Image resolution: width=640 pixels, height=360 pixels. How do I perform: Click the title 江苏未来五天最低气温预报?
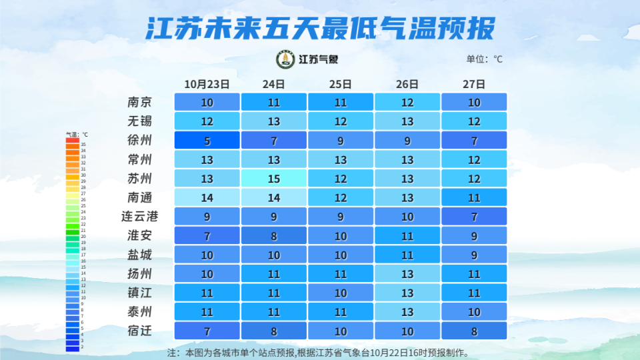[x=320, y=29]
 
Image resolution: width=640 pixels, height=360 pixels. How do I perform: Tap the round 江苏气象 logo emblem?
[x=286, y=59]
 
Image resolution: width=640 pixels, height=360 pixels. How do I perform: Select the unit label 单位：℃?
[x=484, y=59]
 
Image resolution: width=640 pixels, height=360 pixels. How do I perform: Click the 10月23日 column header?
[x=207, y=84]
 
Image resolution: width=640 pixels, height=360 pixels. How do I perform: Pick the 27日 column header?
[x=474, y=84]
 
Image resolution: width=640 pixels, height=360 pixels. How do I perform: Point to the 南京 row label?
[x=140, y=103]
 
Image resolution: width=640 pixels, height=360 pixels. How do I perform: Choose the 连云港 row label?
[x=140, y=217]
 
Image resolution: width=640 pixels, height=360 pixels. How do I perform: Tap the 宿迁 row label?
[x=140, y=331]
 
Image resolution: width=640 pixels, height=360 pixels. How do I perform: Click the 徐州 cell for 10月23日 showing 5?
[x=207, y=141]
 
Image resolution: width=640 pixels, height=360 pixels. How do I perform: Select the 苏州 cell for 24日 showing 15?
[x=273, y=179]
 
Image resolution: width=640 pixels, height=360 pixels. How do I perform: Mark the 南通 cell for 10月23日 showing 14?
[x=207, y=197]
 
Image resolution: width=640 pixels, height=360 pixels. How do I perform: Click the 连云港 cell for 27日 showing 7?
[x=474, y=217]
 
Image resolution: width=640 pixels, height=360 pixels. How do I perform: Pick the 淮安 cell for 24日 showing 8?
[x=273, y=235]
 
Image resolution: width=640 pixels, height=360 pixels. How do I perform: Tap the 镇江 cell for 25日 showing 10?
[x=340, y=293]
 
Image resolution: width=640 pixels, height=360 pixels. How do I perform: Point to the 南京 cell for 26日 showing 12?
[x=407, y=103]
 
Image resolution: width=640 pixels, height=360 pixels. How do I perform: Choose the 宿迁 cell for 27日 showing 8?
[x=474, y=331]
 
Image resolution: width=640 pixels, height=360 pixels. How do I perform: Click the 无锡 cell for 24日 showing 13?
[x=273, y=121]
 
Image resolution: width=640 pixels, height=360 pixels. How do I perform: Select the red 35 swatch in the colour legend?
[x=72, y=145]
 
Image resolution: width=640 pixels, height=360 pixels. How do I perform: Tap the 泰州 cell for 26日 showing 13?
[x=407, y=311]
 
